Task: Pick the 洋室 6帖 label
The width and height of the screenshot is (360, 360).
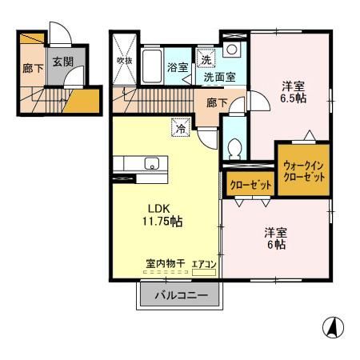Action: [277, 238]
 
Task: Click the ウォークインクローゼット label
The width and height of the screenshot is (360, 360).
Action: [303, 170]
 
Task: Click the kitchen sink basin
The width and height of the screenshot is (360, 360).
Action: [152, 164]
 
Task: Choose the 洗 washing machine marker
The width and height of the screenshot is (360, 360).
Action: [206, 59]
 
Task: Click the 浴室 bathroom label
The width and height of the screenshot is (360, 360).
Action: [178, 68]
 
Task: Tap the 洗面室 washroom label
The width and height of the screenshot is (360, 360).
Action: [218, 78]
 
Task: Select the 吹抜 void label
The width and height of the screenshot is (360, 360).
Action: [124, 60]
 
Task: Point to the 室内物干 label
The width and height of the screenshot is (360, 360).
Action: [165, 262]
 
